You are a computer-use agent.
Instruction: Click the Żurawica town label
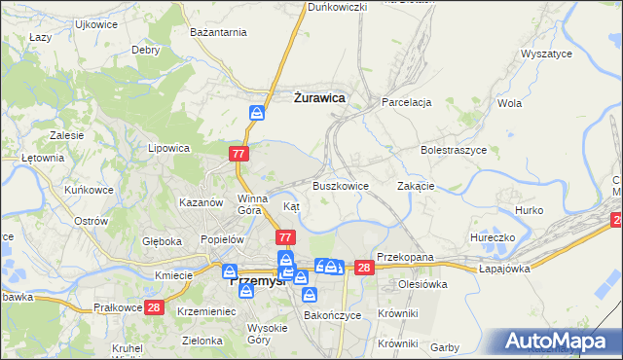pyautogui.click(x=320, y=97)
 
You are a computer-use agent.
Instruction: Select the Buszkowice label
pyautogui.click(x=340, y=185)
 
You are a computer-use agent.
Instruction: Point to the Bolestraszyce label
pyautogui.click(x=454, y=151)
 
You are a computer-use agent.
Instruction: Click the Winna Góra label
pyautogui.click(x=251, y=203)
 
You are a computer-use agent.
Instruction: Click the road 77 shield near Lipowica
pyautogui.click(x=239, y=154)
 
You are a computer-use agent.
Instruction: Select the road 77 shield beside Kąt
pyautogui.click(x=285, y=236)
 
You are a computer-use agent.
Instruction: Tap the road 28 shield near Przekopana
pyautogui.click(x=364, y=268)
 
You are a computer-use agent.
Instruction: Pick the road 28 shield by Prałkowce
pyautogui.click(x=154, y=307)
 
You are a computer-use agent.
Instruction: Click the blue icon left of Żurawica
pyautogui.click(x=257, y=112)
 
